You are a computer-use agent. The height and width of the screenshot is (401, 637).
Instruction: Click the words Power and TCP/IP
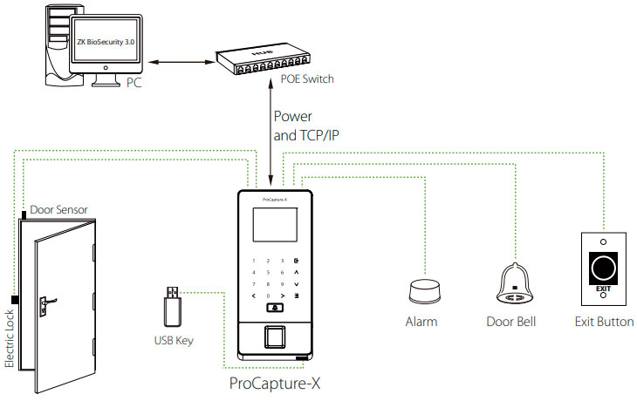pyautogui.click(x=305, y=126)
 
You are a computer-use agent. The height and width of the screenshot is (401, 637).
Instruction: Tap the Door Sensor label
pyautogui.click(x=58, y=210)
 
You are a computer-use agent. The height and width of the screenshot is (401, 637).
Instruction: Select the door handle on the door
pyautogui.click(x=43, y=303)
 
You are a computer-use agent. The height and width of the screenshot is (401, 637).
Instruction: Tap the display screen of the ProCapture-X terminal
pyautogui.click(x=275, y=228)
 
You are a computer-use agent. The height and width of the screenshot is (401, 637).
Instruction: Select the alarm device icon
pyautogui.click(x=422, y=291)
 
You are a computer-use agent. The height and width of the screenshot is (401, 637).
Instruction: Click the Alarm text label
pyautogui.click(x=421, y=323)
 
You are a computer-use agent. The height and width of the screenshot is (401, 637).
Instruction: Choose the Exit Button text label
pyautogui.click(x=603, y=323)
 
